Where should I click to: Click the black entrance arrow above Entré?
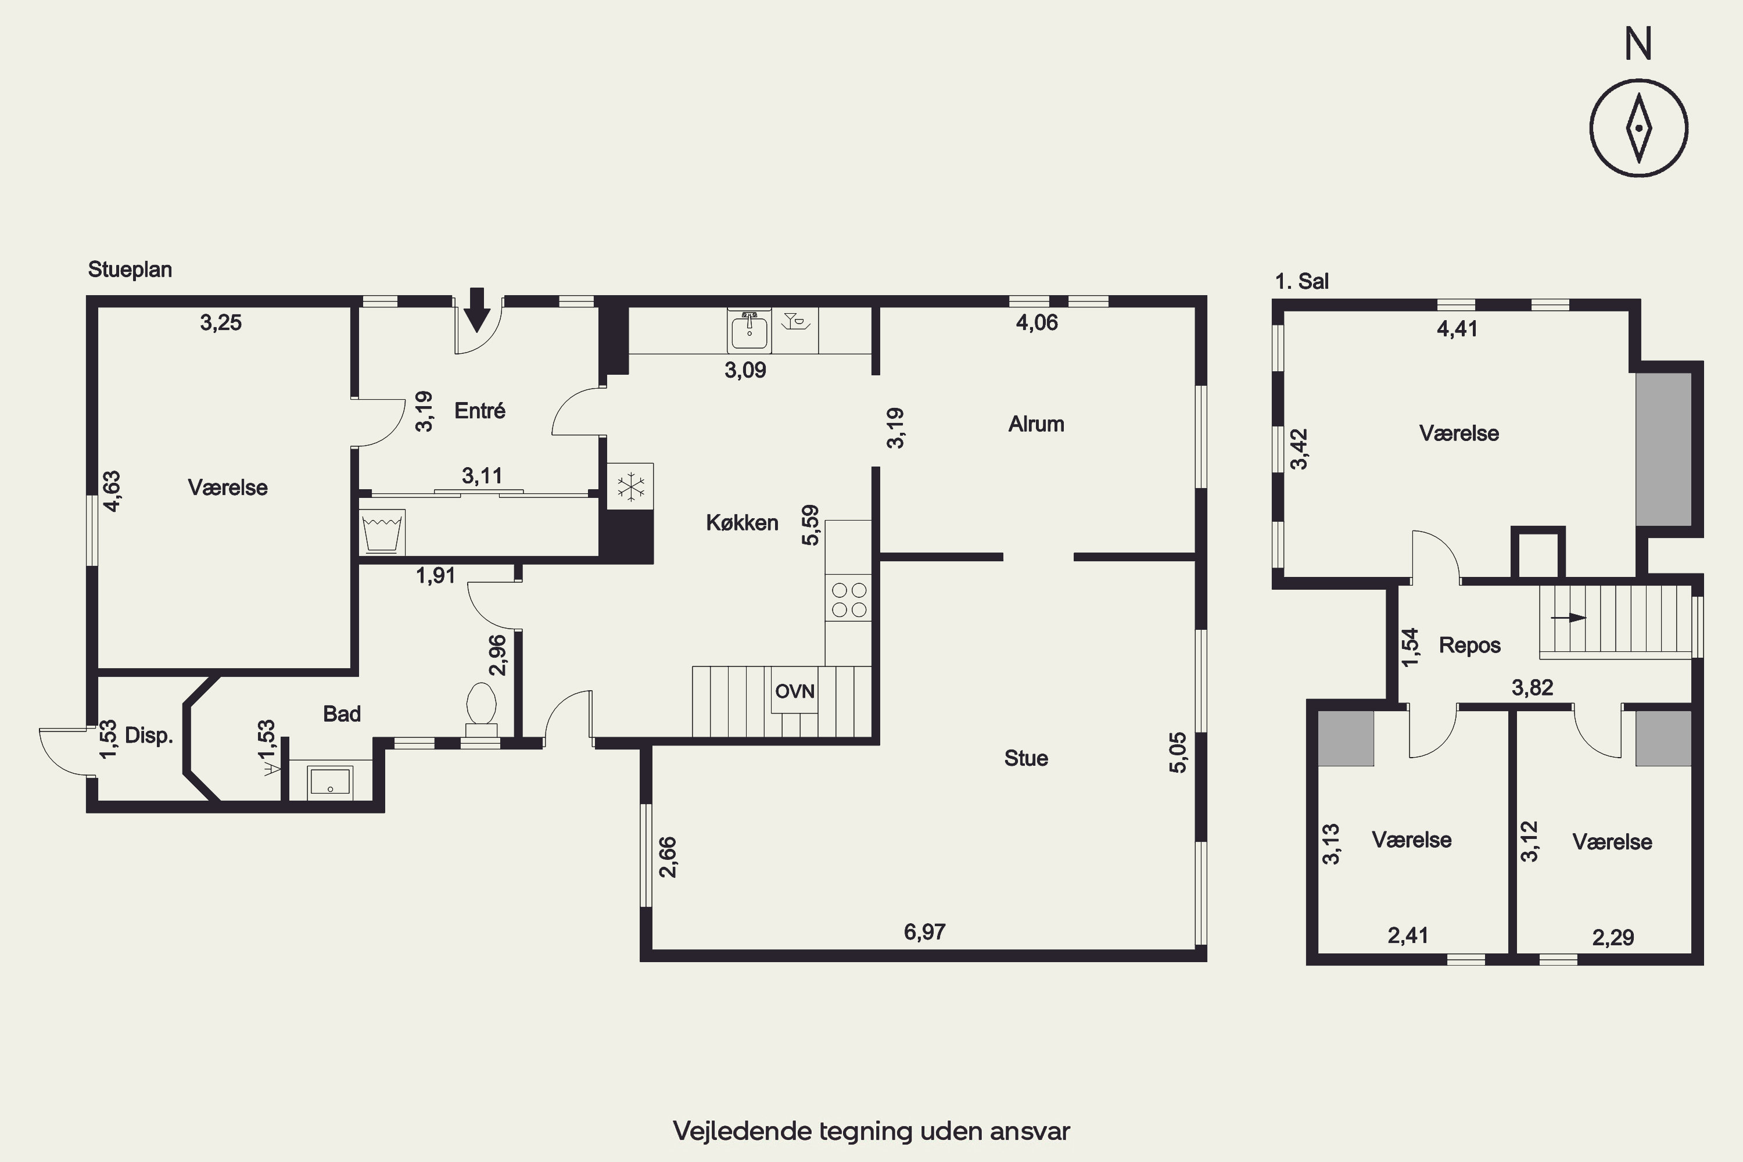point(477,310)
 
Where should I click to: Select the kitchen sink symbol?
point(749,331)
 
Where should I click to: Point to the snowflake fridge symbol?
point(630,486)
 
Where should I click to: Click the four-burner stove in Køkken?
point(848,600)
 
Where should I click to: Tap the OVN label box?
point(794,691)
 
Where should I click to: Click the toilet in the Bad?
point(481,710)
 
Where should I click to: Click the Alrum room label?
point(1036,424)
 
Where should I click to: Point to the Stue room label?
point(1025,758)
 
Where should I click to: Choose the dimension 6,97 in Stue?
point(924,931)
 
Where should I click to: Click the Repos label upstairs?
point(1469,645)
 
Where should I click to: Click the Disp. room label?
point(149,736)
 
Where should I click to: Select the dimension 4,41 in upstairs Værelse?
point(1457,328)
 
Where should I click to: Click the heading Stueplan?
point(130,269)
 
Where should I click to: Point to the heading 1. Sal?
point(1301,282)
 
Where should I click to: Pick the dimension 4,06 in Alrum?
point(1036,322)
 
